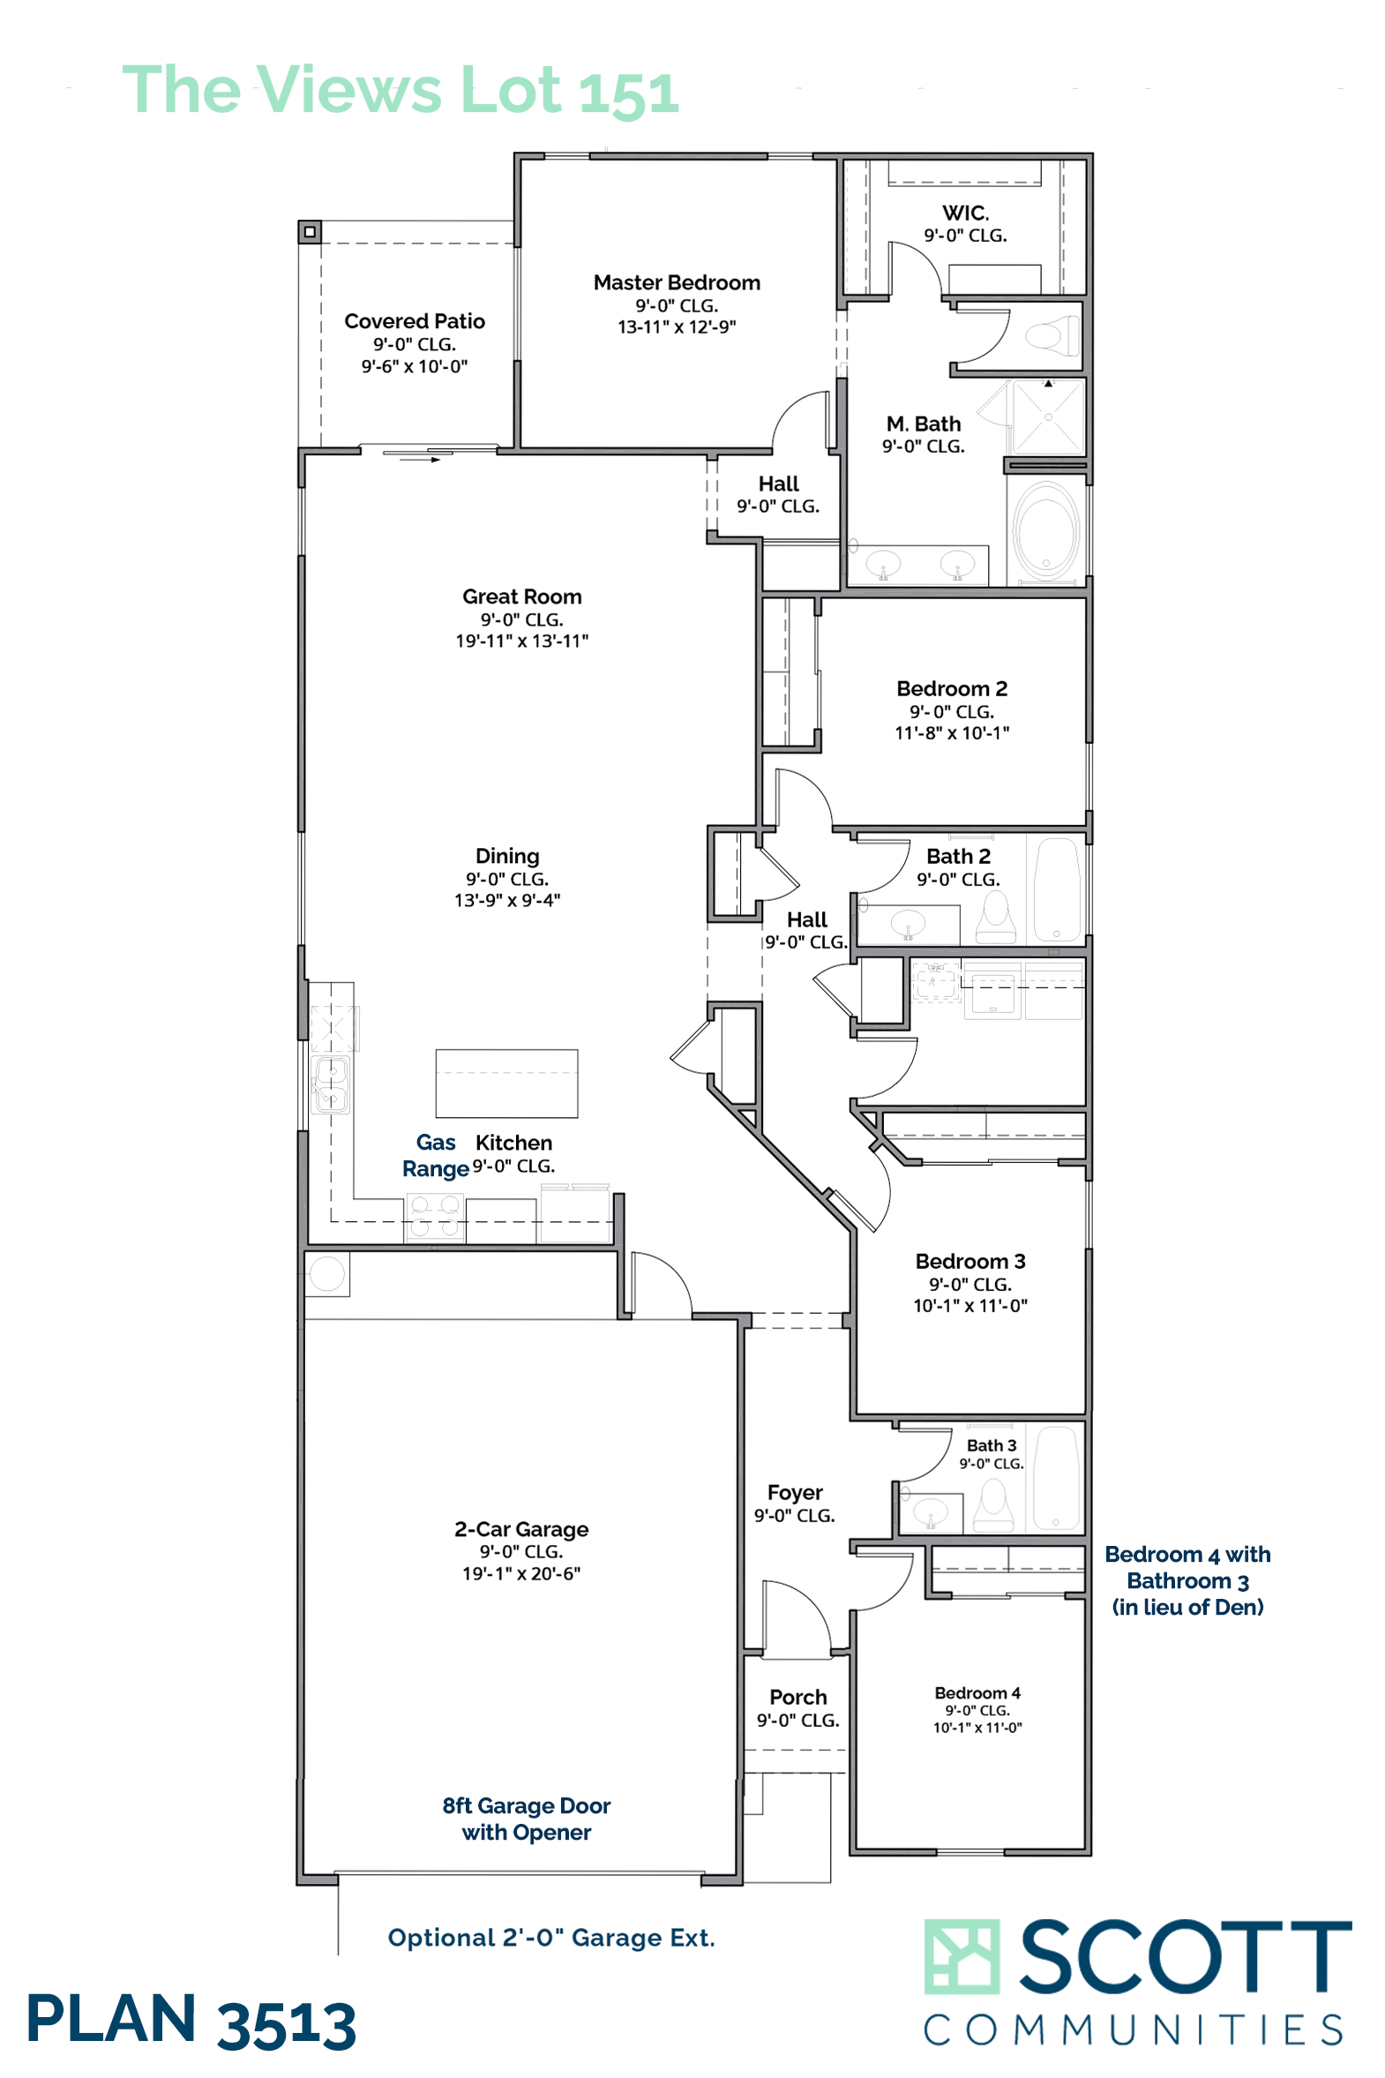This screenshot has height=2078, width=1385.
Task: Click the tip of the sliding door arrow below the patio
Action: (439, 461)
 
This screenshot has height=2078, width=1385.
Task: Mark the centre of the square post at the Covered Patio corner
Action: (309, 232)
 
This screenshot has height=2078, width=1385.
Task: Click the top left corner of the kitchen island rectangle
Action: (437, 1051)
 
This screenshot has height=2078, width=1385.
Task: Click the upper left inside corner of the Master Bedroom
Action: (522, 161)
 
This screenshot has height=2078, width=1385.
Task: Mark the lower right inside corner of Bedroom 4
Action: (1085, 1848)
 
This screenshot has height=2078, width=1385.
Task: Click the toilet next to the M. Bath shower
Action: (1052, 336)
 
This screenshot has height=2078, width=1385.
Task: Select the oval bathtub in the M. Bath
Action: (1047, 531)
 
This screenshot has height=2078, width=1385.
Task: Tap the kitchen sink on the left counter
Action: (331, 1084)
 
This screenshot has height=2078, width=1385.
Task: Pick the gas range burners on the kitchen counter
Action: (435, 1216)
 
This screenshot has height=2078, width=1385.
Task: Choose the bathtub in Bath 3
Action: (1057, 1478)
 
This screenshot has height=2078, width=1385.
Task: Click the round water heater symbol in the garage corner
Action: (326, 1274)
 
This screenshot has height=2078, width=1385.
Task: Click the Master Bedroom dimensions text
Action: (677, 326)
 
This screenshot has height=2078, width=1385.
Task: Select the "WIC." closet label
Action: (965, 213)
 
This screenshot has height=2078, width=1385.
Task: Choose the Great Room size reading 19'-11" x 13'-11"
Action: (522, 641)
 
